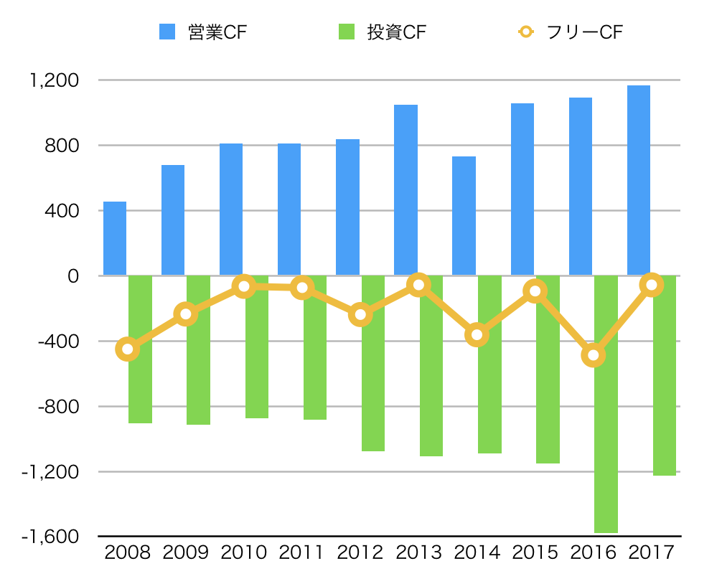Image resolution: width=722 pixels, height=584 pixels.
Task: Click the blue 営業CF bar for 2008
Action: [x=115, y=239]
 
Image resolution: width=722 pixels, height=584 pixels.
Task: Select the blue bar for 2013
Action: [x=405, y=190]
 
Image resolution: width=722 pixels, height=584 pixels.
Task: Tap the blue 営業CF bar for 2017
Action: [x=639, y=181]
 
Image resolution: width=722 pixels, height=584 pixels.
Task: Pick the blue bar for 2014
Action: [x=464, y=216]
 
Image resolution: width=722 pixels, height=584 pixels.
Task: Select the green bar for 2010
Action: [x=257, y=359]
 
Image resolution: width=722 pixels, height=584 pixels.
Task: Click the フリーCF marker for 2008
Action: [x=127, y=349]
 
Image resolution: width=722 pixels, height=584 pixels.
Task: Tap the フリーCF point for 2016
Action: [x=594, y=355]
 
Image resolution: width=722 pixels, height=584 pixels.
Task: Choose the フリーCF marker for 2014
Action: [x=477, y=334]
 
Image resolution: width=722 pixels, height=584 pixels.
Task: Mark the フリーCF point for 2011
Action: [x=302, y=288]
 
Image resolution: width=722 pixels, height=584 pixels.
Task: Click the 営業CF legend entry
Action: [x=204, y=32]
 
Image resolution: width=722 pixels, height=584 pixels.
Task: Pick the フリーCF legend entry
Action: [x=571, y=32]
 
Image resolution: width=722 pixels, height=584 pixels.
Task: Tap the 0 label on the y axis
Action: [x=72, y=276]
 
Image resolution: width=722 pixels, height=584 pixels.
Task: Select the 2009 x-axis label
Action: [x=185, y=553]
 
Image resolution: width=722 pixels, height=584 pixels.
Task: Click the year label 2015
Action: [x=535, y=553]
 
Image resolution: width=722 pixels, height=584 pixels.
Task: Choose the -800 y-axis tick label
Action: [x=60, y=407]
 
